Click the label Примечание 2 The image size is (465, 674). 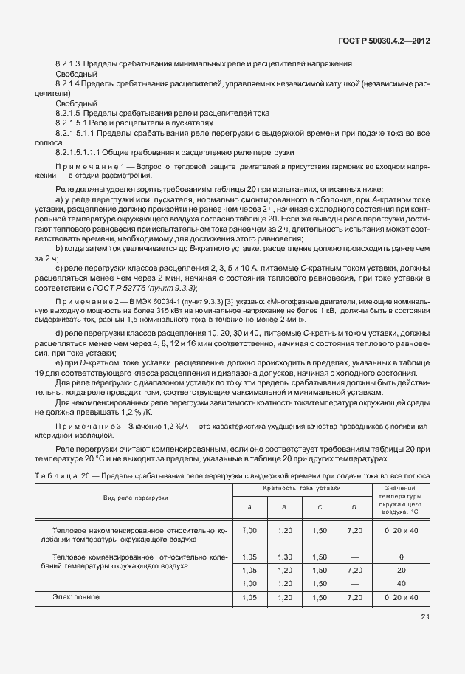coord(88,302)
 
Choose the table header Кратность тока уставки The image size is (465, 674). coord(302,489)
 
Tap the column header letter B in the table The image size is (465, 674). coord(284,507)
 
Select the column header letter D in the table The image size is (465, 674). coord(354,507)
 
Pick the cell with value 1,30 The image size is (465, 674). coord(284,557)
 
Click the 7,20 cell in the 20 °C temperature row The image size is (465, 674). coord(354,570)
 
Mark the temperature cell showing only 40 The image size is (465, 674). coord(401,583)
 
